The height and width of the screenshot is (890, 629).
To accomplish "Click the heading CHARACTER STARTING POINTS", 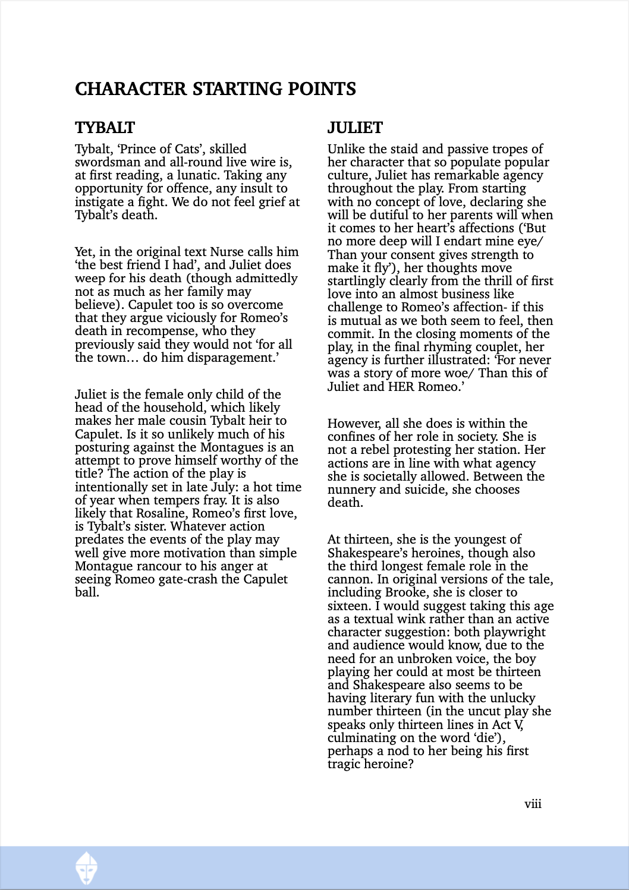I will tap(215, 89).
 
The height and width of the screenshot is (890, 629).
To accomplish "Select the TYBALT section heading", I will tap(105, 128).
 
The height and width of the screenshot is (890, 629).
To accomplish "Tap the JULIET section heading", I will tap(355, 128).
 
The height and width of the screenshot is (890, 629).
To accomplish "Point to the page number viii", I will tap(533, 804).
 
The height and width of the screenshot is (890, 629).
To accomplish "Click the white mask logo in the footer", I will tap(87, 868).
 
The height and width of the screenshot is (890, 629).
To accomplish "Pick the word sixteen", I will tap(348, 606).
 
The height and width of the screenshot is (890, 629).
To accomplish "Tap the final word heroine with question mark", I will tap(389, 764).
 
